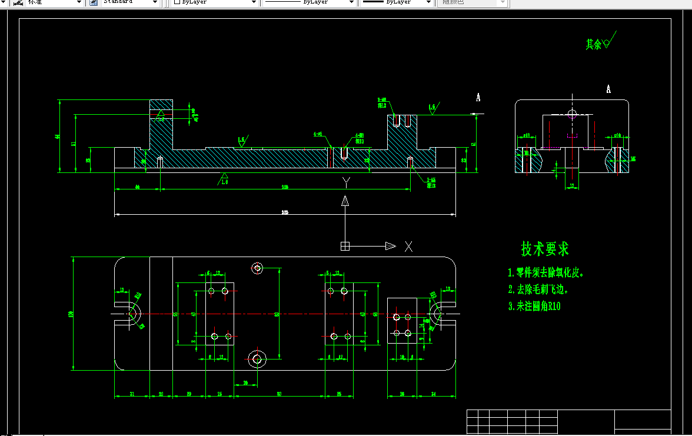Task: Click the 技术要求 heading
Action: (545, 249)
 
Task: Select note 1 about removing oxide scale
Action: (548, 273)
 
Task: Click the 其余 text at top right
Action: (593, 44)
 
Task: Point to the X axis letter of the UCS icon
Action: (408, 247)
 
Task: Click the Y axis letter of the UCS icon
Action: (347, 183)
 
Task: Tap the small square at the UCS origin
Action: (345, 247)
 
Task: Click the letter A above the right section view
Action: (608, 89)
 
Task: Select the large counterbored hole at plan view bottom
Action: (257, 358)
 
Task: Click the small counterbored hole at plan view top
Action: (257, 268)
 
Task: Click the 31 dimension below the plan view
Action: (131, 394)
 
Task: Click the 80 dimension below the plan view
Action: (279, 394)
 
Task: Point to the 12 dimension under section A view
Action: (571, 185)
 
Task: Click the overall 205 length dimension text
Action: (285, 212)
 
